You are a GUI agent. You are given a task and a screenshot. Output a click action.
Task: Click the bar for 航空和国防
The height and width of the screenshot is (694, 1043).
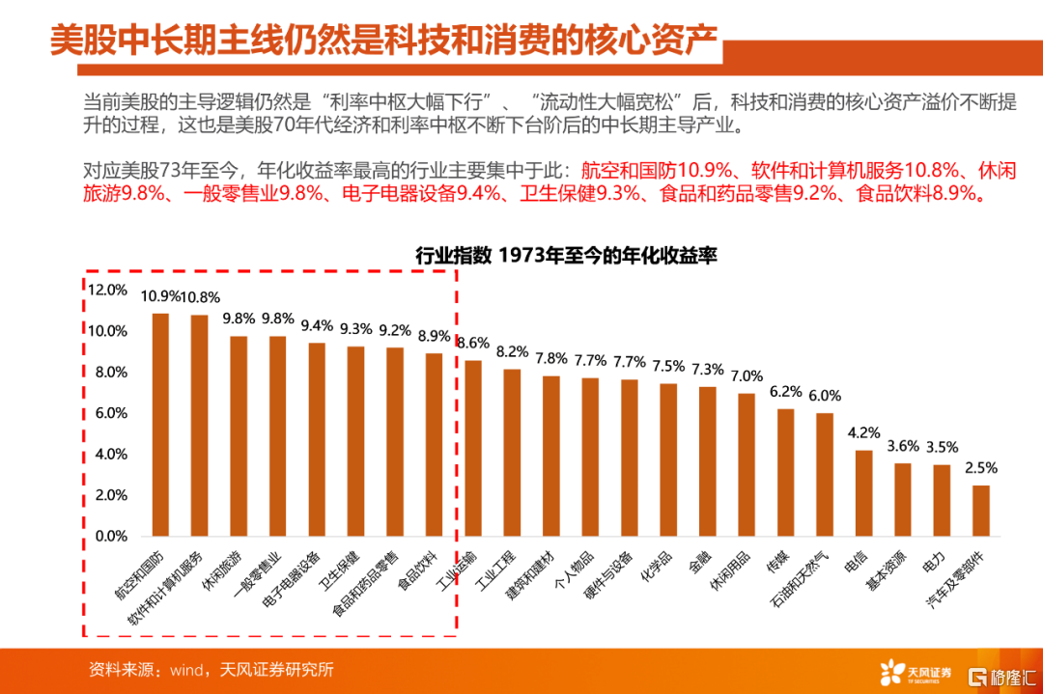(160, 425)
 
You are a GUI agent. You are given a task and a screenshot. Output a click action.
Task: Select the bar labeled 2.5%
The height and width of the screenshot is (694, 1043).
(980, 511)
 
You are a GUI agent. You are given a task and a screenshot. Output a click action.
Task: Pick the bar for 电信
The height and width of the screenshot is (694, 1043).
(863, 493)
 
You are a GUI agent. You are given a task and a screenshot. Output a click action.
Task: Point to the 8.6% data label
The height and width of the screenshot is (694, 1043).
(473, 343)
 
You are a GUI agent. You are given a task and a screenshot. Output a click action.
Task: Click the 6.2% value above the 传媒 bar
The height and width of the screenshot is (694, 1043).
(785, 392)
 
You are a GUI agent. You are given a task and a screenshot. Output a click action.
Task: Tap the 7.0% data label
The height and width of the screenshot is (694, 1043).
(747, 375)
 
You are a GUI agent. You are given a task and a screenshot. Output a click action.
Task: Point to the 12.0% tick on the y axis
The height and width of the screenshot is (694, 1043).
(107, 290)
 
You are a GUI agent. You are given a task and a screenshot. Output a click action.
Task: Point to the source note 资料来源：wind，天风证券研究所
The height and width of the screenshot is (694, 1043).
(211, 669)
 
